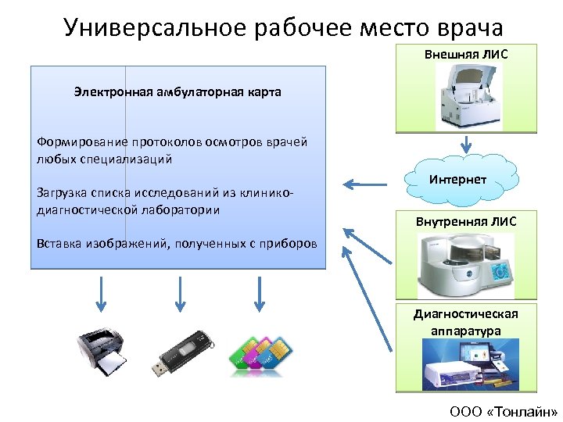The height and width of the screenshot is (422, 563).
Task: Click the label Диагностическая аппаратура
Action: coord(466,322)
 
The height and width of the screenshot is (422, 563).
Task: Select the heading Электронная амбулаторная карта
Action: coord(178,92)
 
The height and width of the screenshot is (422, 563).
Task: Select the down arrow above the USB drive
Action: coord(180,293)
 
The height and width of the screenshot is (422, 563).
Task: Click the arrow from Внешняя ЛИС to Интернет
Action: coord(466,145)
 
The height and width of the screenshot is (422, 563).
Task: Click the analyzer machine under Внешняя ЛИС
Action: coord(466,95)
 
